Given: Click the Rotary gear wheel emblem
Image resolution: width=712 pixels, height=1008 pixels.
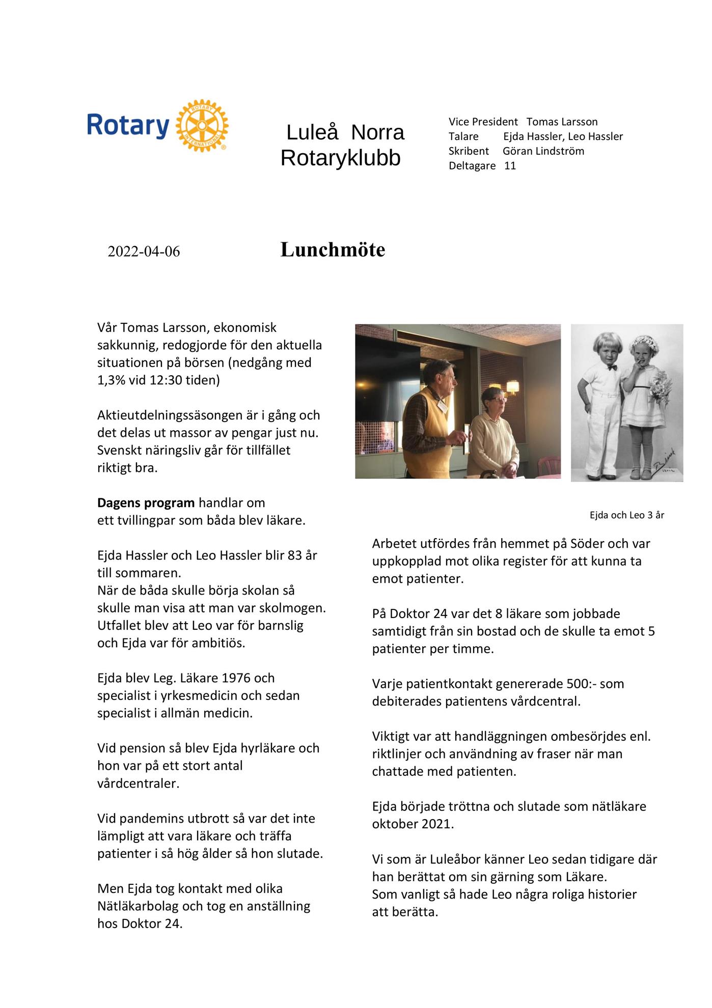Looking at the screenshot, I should pos(202,125).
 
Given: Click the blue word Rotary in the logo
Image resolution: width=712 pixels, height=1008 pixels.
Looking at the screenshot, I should pos(128,125).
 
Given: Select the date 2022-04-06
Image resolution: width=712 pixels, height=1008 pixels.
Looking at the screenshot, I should pos(144,251).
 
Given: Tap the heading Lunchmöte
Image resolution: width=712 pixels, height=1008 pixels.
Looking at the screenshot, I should pos(333,250).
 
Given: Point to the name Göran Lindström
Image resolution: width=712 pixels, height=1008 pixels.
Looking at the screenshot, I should pos(543,151).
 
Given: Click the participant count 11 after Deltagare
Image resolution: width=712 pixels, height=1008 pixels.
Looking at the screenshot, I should pos(510,166).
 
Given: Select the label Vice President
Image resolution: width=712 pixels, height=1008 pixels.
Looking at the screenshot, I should pos(483,122).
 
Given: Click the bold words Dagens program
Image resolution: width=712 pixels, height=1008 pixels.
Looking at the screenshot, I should pos(146,503).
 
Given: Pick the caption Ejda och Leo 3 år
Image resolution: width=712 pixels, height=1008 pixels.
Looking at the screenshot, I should pos(626,515).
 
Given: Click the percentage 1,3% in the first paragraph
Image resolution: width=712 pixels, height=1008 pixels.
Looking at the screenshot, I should pos(111,380).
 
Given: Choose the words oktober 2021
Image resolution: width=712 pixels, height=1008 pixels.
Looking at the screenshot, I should pos(413,824).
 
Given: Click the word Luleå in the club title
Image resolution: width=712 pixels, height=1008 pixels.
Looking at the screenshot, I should pos(312,132).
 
